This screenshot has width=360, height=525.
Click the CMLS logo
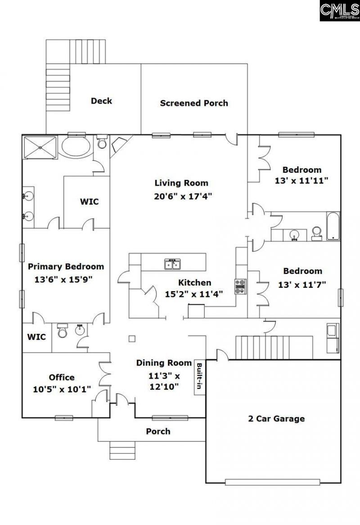[x=339, y=11]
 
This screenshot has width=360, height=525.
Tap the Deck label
[x=101, y=101]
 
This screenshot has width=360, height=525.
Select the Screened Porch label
[x=194, y=103]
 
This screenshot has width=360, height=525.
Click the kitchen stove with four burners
[x=240, y=286]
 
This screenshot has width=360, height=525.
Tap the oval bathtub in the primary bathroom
[x=75, y=147]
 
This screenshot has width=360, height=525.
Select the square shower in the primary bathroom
[x=40, y=147]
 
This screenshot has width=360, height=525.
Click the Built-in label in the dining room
[x=198, y=375]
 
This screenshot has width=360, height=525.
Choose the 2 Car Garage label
[x=276, y=418]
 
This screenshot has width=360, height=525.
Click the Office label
[x=62, y=377]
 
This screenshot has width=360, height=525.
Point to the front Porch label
[x=158, y=431]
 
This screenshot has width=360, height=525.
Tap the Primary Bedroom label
[x=66, y=266]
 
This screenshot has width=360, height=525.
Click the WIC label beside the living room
[x=89, y=201]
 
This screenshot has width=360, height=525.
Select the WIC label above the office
[x=36, y=337]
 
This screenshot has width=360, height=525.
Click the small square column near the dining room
[x=131, y=338]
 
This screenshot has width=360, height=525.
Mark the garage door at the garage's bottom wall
[x=273, y=482]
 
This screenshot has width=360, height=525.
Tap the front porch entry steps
[x=122, y=450]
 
